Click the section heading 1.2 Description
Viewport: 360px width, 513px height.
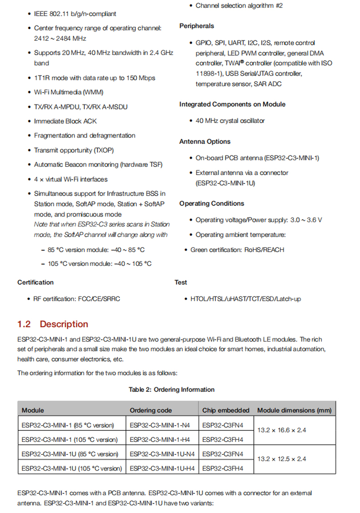[53, 324]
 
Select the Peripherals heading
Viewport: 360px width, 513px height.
[196, 26]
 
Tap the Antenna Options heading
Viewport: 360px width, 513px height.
[205, 142]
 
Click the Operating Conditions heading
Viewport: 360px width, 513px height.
[211, 204]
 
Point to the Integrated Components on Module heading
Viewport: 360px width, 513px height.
[232, 104]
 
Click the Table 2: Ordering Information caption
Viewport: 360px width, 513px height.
[171, 390]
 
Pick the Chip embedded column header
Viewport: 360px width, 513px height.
[226, 410]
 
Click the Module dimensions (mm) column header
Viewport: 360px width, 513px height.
[294, 410]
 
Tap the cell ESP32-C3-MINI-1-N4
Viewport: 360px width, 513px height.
[159, 425]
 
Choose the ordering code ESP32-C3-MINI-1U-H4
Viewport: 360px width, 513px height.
[162, 468]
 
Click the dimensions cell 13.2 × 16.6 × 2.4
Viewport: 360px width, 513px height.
[282, 430]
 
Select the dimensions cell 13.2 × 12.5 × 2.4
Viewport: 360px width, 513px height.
[282, 459]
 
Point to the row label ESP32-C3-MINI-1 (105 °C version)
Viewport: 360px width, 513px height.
[69, 440]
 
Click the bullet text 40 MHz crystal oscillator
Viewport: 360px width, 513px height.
[230, 121]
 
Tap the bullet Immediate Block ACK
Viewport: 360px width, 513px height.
[65, 121]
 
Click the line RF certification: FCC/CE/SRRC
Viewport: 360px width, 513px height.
[77, 299]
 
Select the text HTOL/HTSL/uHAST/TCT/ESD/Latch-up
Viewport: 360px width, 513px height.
[245, 299]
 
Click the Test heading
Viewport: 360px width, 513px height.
[181, 283]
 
